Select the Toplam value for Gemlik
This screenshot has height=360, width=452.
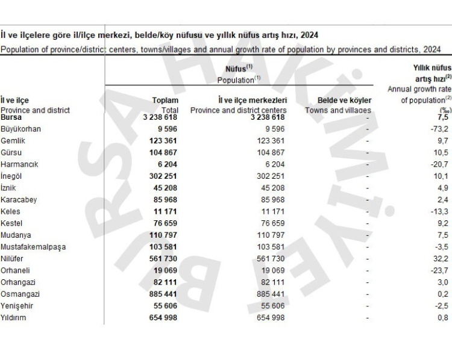163,141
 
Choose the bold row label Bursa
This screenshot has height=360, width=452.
11,117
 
